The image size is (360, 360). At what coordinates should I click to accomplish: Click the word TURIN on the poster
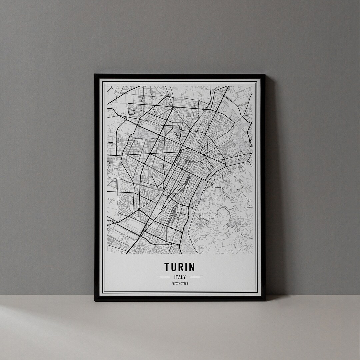180,267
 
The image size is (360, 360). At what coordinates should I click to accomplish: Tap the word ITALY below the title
180,277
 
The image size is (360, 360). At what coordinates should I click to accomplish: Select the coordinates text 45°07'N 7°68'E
180,284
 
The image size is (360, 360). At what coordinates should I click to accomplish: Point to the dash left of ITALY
165,277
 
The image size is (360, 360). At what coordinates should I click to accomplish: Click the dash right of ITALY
195,277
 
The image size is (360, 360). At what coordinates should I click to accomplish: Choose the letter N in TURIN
192,267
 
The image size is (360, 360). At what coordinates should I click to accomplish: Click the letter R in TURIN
181,267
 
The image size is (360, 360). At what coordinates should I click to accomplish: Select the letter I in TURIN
186,267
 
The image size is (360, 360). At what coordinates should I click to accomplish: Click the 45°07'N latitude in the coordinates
176,284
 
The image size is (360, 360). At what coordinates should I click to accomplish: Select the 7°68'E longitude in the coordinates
185,284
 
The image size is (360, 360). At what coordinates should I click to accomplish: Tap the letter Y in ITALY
185,277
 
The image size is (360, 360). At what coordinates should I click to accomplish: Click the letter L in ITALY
182,277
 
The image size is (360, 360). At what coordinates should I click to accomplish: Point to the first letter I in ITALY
174,277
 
